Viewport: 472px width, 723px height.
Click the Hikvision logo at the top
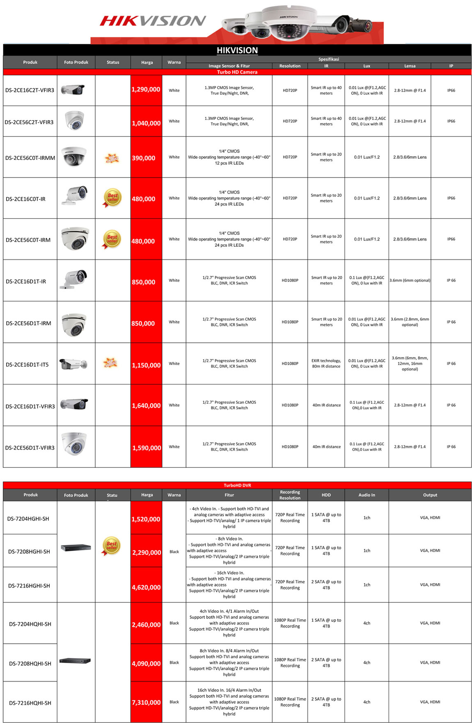click(x=153, y=20)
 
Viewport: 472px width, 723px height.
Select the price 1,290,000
click(x=146, y=89)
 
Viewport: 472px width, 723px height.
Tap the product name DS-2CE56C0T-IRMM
click(x=30, y=158)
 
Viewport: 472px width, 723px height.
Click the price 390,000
click(x=144, y=158)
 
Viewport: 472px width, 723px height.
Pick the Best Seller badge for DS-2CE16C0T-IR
click(x=112, y=198)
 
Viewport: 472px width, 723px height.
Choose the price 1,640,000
click(x=146, y=405)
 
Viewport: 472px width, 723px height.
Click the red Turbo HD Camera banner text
click(x=237, y=72)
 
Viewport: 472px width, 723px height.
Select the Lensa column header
click(x=410, y=66)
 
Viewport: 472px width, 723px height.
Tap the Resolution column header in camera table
click(x=290, y=66)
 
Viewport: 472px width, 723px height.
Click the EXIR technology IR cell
click(x=326, y=364)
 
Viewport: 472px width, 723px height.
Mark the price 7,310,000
click(x=146, y=702)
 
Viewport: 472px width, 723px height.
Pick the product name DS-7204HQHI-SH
click(x=30, y=624)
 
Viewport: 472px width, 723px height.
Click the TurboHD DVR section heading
click(x=237, y=485)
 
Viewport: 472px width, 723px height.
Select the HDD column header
click(x=326, y=495)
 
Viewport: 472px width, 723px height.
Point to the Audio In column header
click(x=367, y=495)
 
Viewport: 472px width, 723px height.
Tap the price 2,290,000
click(x=147, y=552)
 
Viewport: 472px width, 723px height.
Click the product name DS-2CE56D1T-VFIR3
click(x=30, y=448)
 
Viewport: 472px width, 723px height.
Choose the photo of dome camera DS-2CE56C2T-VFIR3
click(x=75, y=120)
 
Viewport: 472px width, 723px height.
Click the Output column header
click(x=430, y=495)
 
